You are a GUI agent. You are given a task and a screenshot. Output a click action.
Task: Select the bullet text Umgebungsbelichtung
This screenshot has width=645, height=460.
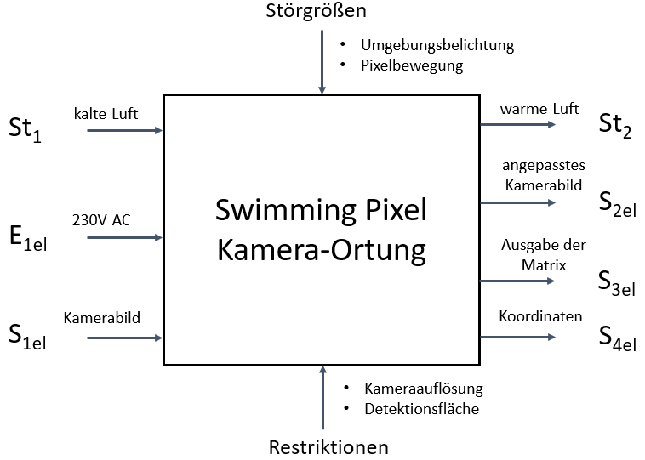click(437, 45)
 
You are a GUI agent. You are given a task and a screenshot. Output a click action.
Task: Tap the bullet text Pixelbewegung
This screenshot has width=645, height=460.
click(412, 65)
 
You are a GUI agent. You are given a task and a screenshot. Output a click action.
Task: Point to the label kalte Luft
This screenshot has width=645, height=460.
click(106, 114)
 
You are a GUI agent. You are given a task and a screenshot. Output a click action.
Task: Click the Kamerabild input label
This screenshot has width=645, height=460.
click(102, 318)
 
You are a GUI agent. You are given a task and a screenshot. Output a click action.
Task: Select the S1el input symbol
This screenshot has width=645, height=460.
click(27, 337)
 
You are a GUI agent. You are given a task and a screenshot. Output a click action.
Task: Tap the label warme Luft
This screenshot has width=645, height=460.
click(539, 108)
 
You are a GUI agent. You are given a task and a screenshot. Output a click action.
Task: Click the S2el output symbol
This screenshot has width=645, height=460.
click(617, 203)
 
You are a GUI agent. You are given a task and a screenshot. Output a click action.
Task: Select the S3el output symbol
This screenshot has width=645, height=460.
click(617, 281)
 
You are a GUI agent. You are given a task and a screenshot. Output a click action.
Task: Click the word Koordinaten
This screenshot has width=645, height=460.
click(541, 316)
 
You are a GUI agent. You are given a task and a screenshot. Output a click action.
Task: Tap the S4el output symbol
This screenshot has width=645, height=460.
click(617, 337)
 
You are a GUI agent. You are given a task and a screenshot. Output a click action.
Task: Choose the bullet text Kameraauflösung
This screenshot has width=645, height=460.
click(424, 389)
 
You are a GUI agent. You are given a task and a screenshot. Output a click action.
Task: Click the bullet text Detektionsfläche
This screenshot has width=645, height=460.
click(422, 409)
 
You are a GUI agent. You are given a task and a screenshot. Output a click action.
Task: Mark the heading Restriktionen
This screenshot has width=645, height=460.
click(328, 447)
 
